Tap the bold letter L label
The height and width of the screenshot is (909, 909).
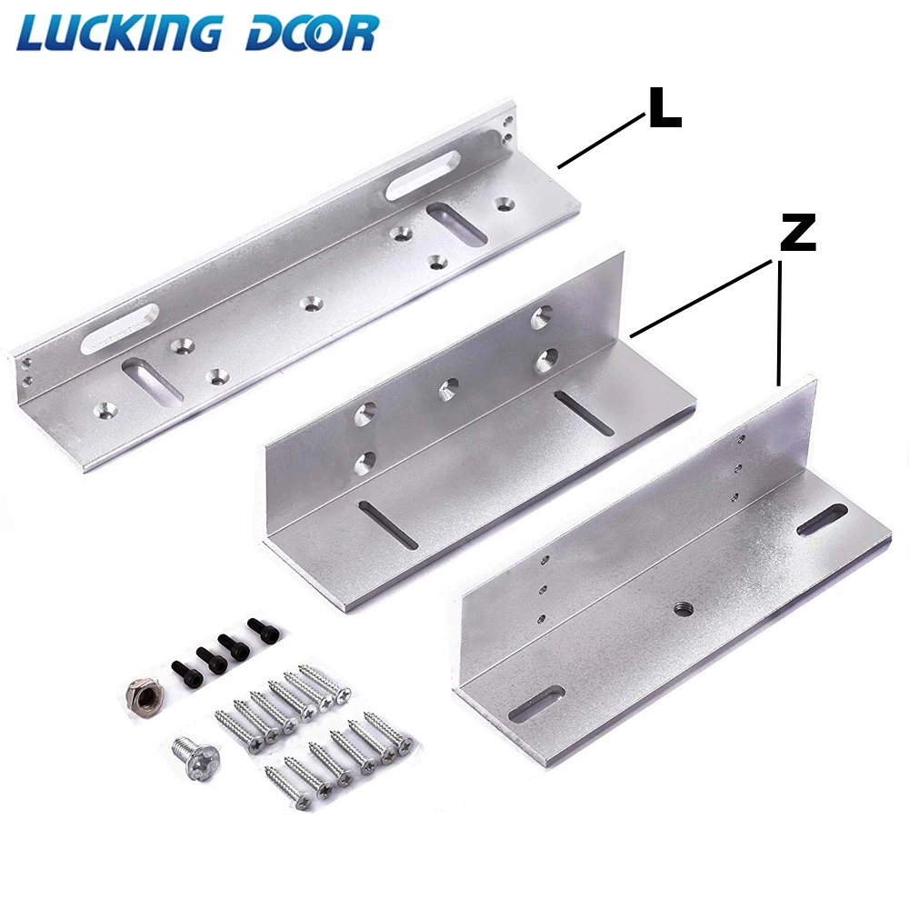point(664,108)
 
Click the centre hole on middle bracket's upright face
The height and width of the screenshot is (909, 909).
point(448,390)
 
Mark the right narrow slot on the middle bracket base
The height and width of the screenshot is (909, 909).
point(586,413)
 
